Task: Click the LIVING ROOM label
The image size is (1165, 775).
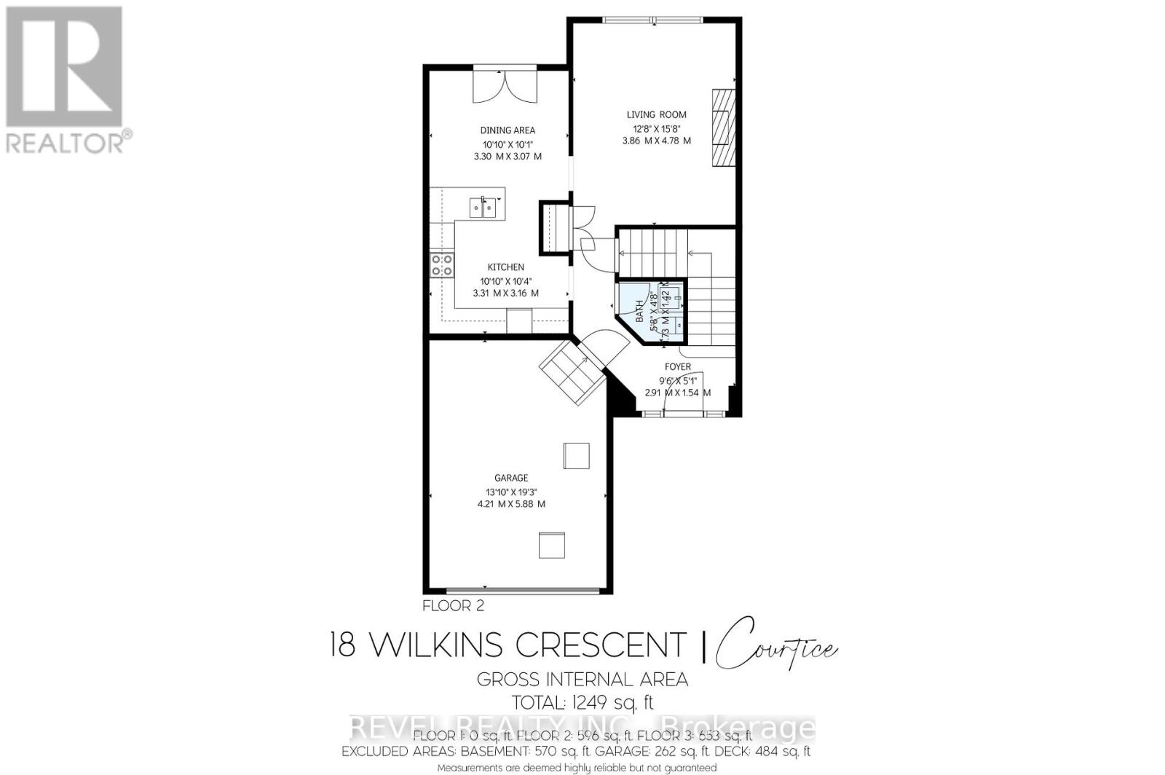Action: (x=656, y=114)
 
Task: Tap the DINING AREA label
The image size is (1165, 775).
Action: (x=508, y=130)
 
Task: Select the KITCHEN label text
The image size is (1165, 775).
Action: (x=505, y=267)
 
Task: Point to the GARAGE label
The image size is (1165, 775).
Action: (x=511, y=478)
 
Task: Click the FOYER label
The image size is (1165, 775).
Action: (x=677, y=367)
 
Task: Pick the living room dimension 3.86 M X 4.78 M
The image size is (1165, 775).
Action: (x=656, y=141)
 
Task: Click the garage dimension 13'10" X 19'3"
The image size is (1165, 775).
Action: (x=511, y=491)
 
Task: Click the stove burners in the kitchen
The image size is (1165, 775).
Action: (x=441, y=265)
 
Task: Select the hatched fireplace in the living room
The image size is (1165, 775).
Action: (x=723, y=128)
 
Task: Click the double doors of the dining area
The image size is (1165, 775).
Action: (x=505, y=86)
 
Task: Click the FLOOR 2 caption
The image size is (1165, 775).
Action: (x=453, y=605)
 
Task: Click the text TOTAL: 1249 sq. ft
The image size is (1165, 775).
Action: (x=583, y=703)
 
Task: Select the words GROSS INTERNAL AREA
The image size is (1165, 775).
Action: (x=582, y=680)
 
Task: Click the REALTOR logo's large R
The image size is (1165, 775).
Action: (x=63, y=66)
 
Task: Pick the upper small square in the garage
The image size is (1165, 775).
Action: (x=576, y=456)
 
